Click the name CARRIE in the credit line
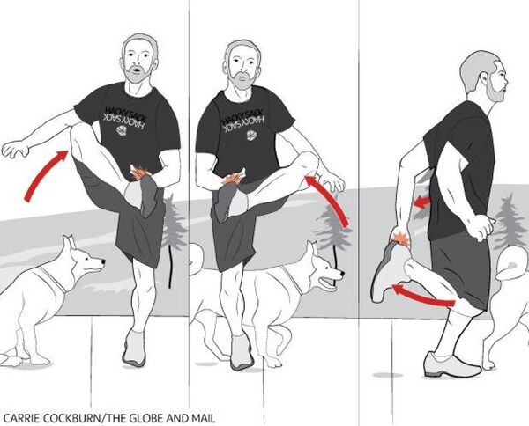tap(23, 419)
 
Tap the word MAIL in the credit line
tap(204, 419)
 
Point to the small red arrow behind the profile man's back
tap(422, 202)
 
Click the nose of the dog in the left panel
tap(103, 261)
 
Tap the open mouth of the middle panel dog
tap(327, 283)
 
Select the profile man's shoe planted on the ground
tap(451, 365)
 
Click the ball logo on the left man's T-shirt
tap(122, 130)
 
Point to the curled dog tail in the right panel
tap(511, 262)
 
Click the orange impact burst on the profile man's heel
tap(400, 238)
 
